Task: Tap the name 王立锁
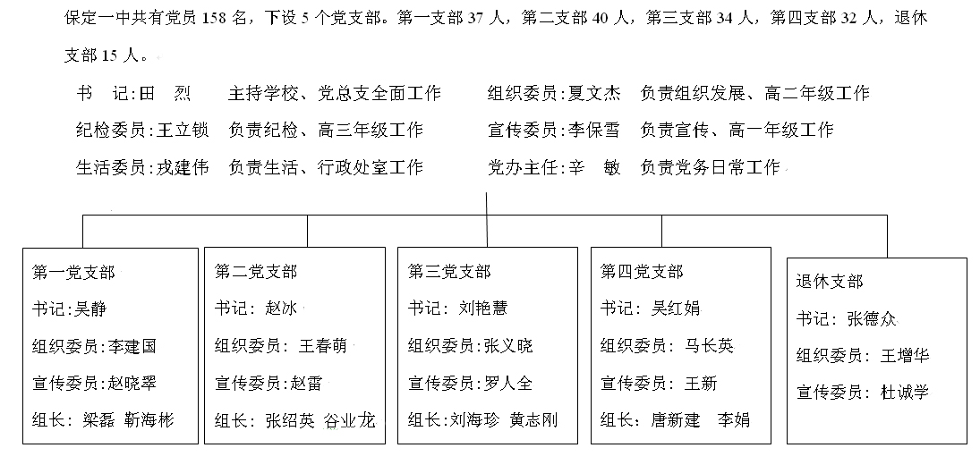(182, 130)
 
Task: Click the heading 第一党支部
(73, 272)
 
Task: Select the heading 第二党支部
(256, 272)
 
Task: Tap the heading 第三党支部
(449, 272)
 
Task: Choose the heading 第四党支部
(642, 272)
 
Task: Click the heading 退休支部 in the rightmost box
(830, 282)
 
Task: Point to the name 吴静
(90, 309)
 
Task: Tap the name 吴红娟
(677, 309)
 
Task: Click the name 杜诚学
(904, 392)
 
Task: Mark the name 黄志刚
(533, 420)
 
